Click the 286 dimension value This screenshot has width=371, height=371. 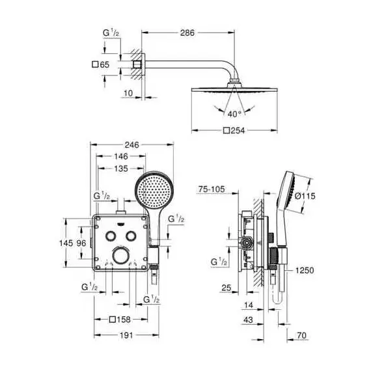[x=187, y=33]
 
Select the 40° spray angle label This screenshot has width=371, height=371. [x=234, y=114]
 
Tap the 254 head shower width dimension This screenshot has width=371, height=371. [x=234, y=130]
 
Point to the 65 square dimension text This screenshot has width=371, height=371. [x=100, y=64]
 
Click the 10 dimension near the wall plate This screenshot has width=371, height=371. [x=128, y=93]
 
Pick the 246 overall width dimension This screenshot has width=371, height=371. [x=131, y=144]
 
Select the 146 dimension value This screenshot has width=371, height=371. [x=121, y=156]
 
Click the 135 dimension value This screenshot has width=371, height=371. [x=121, y=169]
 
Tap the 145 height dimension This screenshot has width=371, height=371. [x=66, y=243]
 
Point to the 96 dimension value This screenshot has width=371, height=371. [x=81, y=243]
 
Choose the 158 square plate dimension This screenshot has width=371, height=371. [x=120, y=320]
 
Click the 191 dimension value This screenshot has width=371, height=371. [x=126, y=335]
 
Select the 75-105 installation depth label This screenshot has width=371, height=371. [x=212, y=189]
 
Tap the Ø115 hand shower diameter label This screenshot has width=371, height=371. [x=305, y=196]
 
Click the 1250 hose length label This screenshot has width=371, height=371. [x=305, y=271]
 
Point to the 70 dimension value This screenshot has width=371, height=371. [x=301, y=335]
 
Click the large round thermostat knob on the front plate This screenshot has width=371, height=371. [x=121, y=255]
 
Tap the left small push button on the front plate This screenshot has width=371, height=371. [x=111, y=236]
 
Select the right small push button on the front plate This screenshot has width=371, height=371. [x=131, y=236]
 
